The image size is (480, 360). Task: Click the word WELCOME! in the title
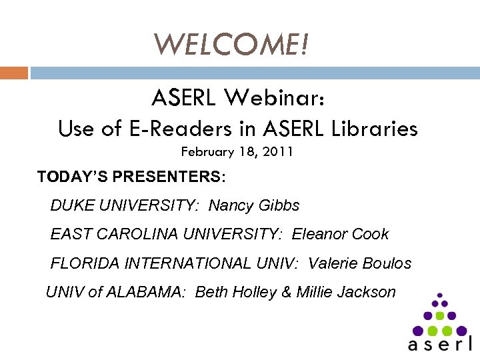click(x=232, y=45)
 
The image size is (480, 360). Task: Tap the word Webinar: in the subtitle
click(x=275, y=99)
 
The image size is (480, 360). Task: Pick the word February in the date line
click(x=206, y=152)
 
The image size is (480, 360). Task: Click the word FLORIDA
click(x=82, y=263)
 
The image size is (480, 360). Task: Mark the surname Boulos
click(x=387, y=263)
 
